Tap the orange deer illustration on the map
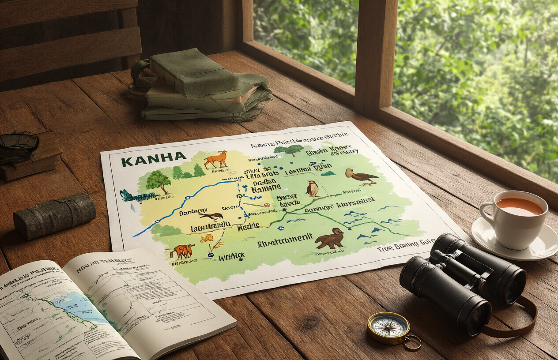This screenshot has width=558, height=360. (217, 160)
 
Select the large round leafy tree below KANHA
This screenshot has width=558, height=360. (158, 180)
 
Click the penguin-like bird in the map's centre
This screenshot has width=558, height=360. (313, 188)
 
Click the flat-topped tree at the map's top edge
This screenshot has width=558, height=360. (289, 150)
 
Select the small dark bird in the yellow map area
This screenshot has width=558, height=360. (212, 216)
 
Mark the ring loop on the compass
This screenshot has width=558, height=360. (413, 342)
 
